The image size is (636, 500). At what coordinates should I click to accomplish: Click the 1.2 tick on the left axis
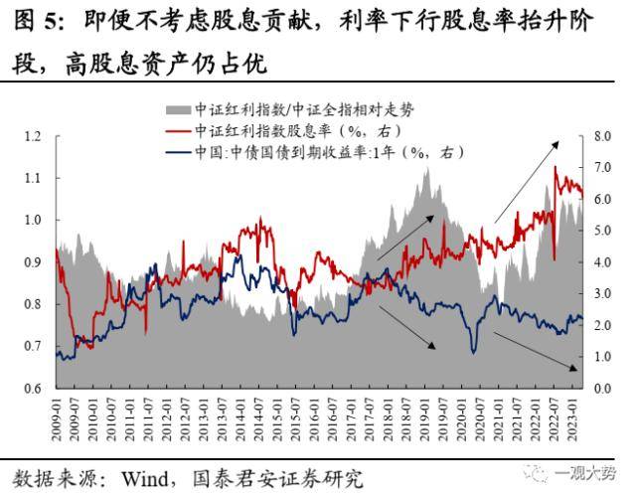tap(35, 136)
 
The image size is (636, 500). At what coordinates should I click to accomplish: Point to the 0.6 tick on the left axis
tap(35, 388)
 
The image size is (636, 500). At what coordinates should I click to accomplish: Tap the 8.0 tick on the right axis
tap(600, 136)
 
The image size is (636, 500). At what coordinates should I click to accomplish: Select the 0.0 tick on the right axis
tap(600, 388)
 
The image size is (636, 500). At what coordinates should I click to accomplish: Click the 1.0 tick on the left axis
tap(35, 220)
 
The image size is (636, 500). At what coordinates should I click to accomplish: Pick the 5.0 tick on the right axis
tap(600, 231)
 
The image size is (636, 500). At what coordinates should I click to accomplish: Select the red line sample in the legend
tap(176, 130)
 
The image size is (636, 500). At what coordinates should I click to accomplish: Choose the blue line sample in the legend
tap(176, 152)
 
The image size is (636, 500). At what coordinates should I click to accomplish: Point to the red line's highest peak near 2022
tap(555, 168)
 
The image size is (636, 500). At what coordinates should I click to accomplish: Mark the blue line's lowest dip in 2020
tap(474, 352)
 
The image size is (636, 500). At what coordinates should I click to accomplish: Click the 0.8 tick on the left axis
tap(35, 304)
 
